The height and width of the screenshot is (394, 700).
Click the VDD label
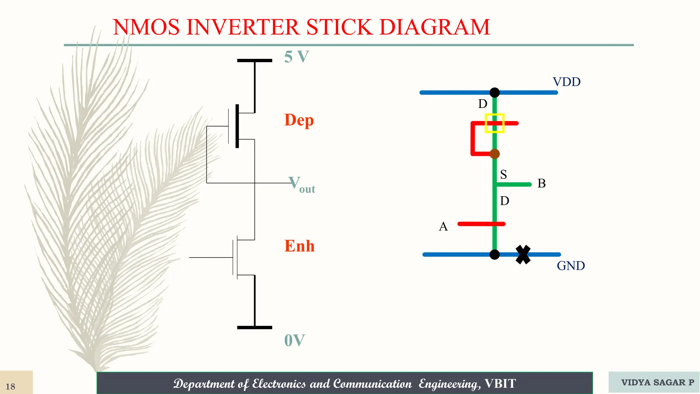566,82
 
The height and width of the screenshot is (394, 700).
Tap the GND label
570,266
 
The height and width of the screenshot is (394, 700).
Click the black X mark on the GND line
523,254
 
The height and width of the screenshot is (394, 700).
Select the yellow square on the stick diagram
495,123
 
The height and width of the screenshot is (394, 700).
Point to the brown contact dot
495,154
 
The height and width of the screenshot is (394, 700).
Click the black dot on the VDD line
495,92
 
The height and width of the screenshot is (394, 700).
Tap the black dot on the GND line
495,254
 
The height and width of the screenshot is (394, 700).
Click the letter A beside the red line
443,226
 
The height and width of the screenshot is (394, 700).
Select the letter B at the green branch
541,183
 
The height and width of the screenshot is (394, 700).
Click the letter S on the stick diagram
503,175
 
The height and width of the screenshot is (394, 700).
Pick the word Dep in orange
299,120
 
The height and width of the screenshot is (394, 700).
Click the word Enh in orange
299,246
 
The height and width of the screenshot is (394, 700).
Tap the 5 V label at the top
296,57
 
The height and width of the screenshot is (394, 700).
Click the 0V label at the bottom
294,340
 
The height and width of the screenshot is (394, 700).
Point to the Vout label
301,185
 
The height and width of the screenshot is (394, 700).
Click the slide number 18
10,386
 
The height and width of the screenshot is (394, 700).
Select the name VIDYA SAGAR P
657,382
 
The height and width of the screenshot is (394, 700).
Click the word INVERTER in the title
245,27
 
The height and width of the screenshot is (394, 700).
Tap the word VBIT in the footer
500,384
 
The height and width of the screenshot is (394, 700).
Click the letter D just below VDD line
482,104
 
